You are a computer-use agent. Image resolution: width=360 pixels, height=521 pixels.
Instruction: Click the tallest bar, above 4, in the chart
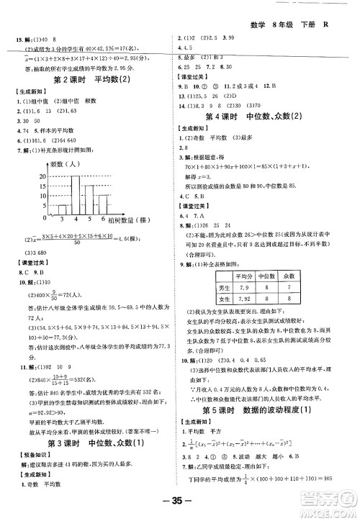point(75,194)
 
